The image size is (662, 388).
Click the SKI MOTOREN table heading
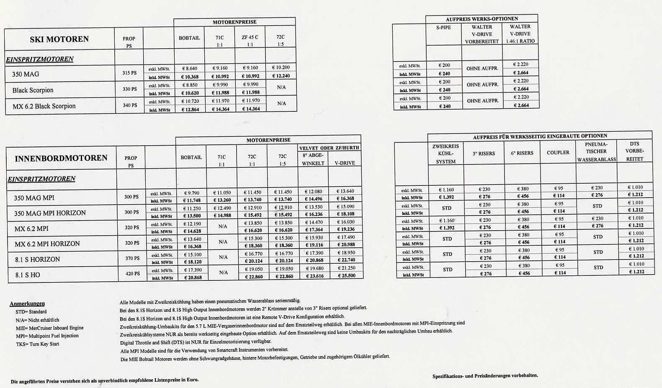point(59,39)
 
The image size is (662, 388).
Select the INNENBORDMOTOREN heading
point(61,158)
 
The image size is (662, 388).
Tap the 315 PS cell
point(129,73)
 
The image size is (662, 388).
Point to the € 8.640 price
point(189,68)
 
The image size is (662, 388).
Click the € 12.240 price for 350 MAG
point(281,76)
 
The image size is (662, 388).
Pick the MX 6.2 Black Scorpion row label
point(44,106)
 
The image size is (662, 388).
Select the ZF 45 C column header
point(250,37)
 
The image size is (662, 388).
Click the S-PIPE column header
point(443,27)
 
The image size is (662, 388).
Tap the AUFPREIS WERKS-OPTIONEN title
point(482,19)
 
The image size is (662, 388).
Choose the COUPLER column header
point(558,153)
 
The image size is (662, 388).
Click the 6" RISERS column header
point(522,153)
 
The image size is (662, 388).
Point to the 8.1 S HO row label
point(28,275)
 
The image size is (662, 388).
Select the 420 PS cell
point(132,274)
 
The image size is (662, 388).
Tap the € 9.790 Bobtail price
point(191,193)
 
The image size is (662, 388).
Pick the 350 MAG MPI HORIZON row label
point(50,213)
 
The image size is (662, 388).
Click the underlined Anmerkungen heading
point(27,303)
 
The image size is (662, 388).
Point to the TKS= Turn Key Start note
point(38,344)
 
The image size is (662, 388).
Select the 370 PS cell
point(132,258)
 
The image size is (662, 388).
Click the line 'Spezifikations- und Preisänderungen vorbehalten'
point(485,376)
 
